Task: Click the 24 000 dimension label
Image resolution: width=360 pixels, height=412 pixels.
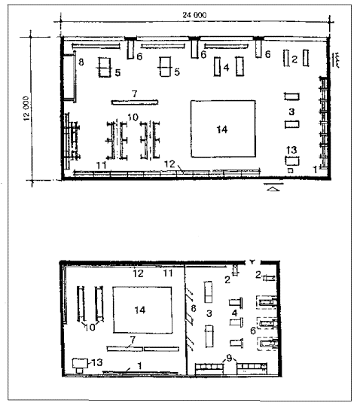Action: (194, 15)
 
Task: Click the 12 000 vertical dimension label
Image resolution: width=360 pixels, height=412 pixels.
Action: (26, 108)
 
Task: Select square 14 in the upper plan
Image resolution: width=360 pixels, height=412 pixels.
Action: (223, 129)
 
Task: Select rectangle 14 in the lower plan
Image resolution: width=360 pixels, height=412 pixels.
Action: (142, 310)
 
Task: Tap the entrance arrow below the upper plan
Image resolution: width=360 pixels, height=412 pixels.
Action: (273, 188)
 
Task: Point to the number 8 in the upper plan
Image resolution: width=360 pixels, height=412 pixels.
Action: (81, 63)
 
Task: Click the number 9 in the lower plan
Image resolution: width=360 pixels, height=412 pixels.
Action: (230, 358)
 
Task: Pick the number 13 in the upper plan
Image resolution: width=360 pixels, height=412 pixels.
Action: (291, 150)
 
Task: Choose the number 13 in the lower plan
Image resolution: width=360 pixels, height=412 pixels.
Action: (96, 362)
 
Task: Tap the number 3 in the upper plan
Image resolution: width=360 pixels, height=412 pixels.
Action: (291, 111)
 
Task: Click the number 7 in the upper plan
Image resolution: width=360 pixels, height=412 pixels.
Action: (135, 93)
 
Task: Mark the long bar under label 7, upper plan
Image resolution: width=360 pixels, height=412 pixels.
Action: (135, 102)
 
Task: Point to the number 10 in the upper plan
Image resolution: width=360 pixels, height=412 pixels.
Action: (133, 117)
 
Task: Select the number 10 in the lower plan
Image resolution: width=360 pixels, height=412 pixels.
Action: (90, 327)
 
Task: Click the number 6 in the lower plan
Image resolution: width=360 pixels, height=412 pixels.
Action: (253, 331)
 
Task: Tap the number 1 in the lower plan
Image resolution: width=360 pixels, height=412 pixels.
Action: (140, 365)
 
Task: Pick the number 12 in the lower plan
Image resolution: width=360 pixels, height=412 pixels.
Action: (138, 273)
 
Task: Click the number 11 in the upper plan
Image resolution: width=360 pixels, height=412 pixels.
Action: (102, 165)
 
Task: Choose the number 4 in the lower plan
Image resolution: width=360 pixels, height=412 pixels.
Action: (235, 313)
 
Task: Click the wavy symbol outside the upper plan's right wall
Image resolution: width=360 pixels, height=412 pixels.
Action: (337, 60)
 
